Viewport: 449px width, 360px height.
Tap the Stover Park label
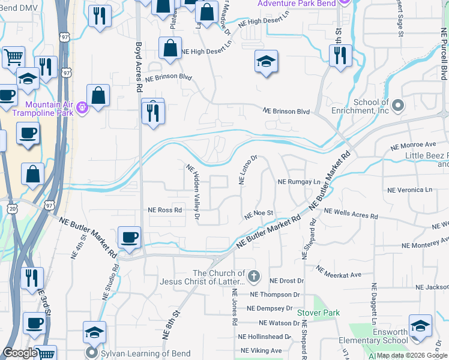[318, 313]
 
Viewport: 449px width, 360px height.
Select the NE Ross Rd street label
[164, 210]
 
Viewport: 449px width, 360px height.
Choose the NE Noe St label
[259, 213]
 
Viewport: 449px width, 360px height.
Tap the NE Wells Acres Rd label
[351, 214]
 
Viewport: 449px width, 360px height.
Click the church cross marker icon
[254, 277]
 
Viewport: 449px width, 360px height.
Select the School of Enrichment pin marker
[397, 107]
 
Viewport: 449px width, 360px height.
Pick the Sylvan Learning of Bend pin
[92, 352]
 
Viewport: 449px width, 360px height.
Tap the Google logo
[20, 353]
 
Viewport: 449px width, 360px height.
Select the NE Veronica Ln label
[409, 190]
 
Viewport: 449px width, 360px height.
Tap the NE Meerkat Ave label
[339, 272]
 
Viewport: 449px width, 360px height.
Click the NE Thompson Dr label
[277, 295]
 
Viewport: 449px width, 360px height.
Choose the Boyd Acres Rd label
[139, 66]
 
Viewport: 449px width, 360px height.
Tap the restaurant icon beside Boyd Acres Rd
[152, 112]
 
